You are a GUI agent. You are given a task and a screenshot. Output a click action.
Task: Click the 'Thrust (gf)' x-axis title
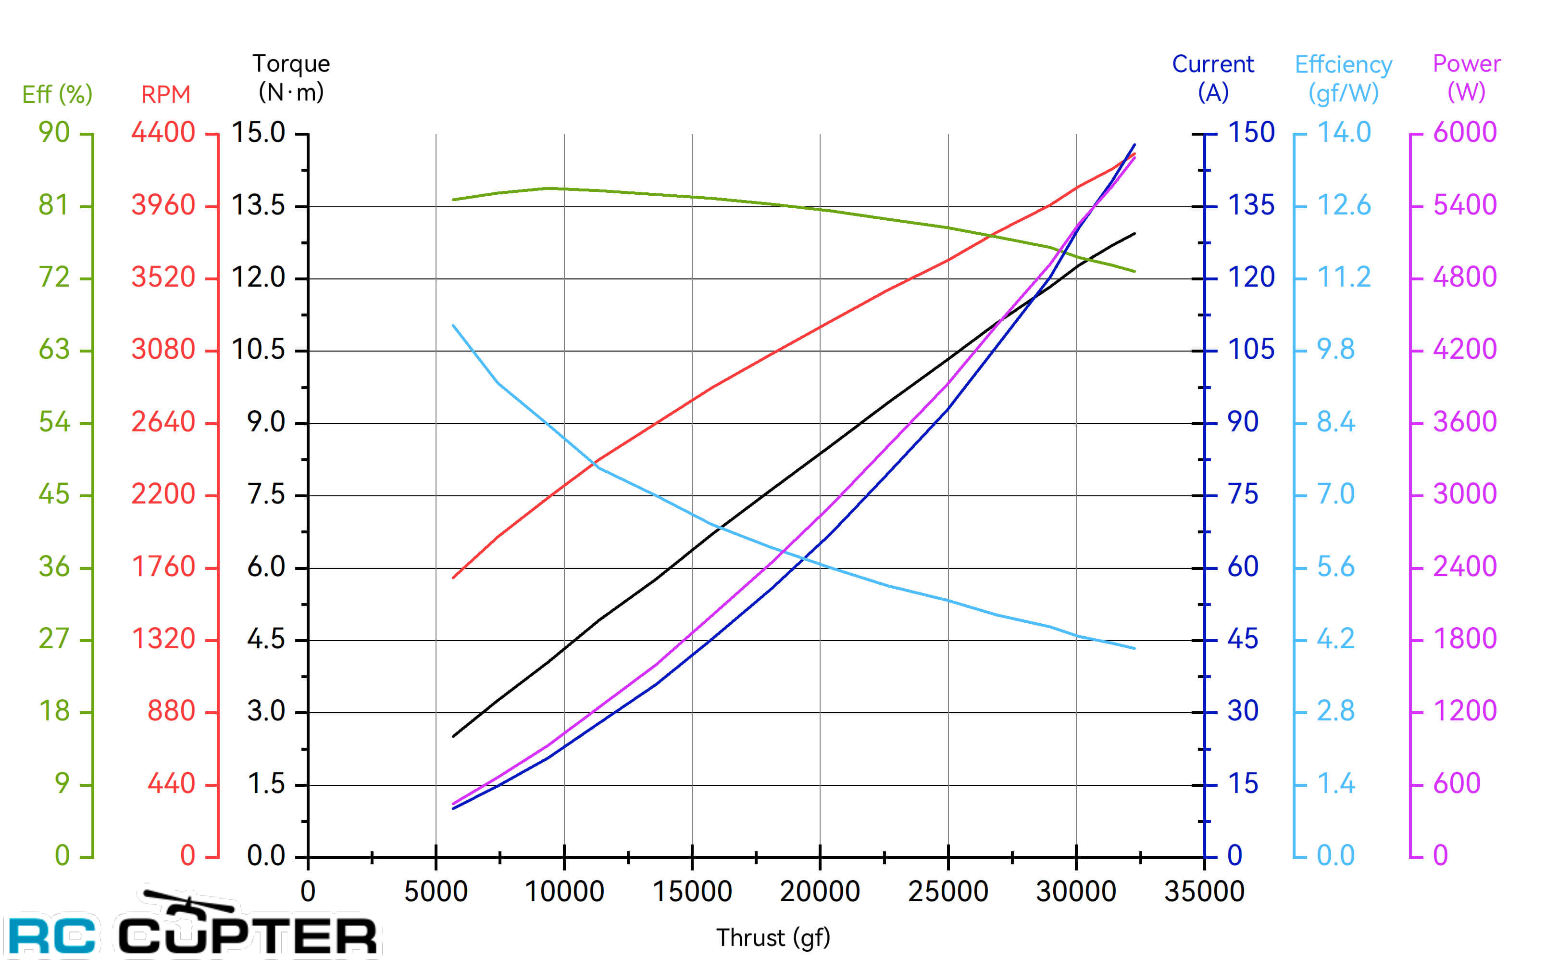773,938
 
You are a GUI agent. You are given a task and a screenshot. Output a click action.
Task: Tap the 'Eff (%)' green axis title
57,95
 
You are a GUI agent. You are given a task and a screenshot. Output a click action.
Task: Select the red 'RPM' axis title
165,95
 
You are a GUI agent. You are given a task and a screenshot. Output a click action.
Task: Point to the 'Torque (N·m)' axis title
291,77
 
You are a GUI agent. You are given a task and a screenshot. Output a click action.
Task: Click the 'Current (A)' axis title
1212,77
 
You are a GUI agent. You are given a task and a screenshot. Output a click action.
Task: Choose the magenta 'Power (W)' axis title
1467,77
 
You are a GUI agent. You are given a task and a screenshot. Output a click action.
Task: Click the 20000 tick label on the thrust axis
820,892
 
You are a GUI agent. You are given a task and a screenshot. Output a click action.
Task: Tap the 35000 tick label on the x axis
1204,892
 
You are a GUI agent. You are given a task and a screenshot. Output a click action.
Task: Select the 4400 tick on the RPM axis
163,133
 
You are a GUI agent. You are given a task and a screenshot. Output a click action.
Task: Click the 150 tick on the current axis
1250,133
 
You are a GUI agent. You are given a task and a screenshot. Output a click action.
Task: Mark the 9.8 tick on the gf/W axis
1335,350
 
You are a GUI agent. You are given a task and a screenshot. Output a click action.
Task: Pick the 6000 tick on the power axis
1465,133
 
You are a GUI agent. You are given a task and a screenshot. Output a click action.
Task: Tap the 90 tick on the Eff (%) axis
54,133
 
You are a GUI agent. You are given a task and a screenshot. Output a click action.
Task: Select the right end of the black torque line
1135,234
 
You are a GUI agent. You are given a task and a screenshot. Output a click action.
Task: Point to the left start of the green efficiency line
453,200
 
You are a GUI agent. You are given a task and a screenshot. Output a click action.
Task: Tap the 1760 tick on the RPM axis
163,567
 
